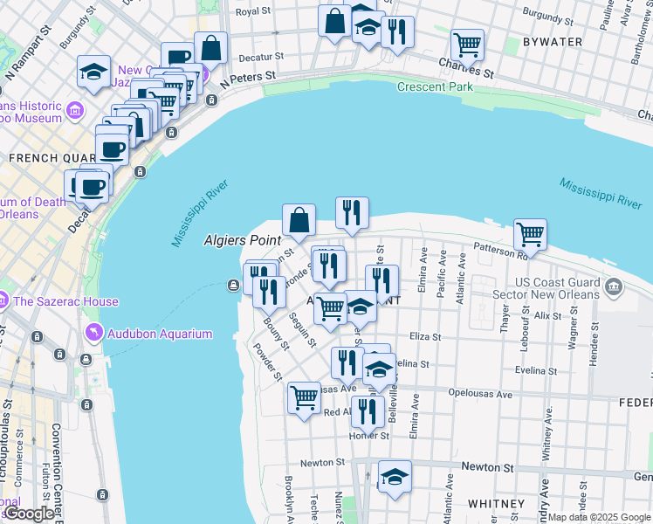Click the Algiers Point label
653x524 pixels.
[242, 239]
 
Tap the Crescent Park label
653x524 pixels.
[435, 86]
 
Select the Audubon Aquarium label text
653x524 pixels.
[160, 334]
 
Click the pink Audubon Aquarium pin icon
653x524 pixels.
[93, 333]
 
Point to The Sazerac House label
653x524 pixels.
[65, 301]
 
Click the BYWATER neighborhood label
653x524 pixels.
[551, 41]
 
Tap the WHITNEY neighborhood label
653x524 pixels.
[496, 504]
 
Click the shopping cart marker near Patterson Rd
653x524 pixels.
[530, 234]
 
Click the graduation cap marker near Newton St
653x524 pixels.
[395, 477]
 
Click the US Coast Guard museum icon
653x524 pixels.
[613, 286]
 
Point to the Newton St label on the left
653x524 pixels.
[317, 463]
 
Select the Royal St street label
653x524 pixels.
[254, 11]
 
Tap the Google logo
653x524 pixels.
[29, 514]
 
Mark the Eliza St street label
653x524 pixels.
[425, 336]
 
